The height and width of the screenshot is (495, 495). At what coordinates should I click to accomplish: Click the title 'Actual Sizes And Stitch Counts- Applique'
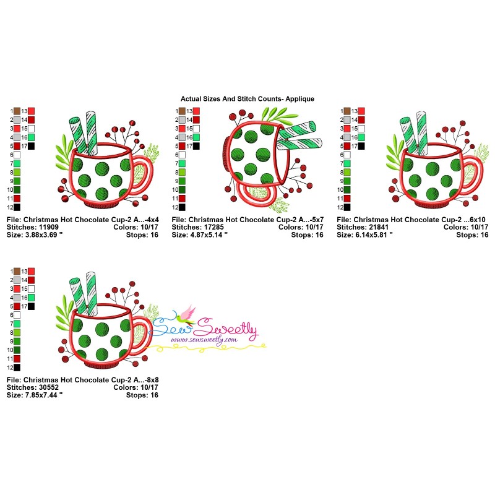(247, 98)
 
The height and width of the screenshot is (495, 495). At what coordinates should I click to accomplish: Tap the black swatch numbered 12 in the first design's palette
(17, 207)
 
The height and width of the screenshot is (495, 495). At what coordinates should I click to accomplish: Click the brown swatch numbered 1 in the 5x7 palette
(183, 111)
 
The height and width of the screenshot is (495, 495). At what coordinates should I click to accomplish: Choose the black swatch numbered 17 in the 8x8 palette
(31, 306)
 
